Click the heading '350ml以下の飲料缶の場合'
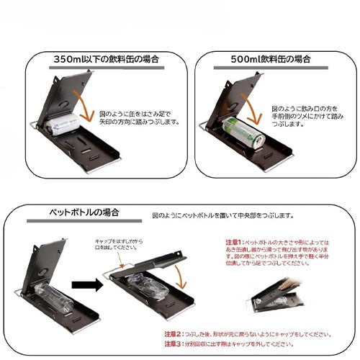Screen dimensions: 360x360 point(106,58)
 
